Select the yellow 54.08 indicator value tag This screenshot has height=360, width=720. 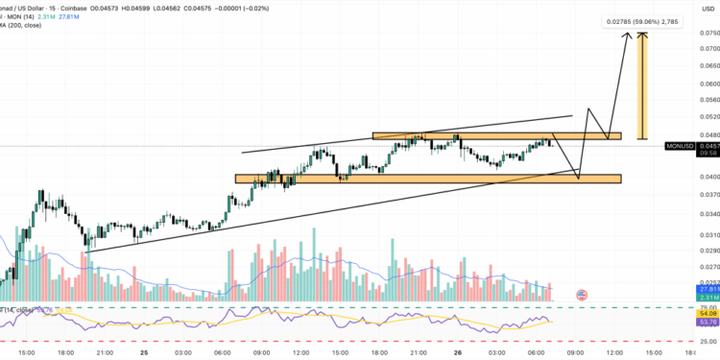click(708, 313)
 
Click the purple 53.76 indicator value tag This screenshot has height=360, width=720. click(708, 322)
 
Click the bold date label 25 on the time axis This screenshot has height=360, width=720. click(143, 352)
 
